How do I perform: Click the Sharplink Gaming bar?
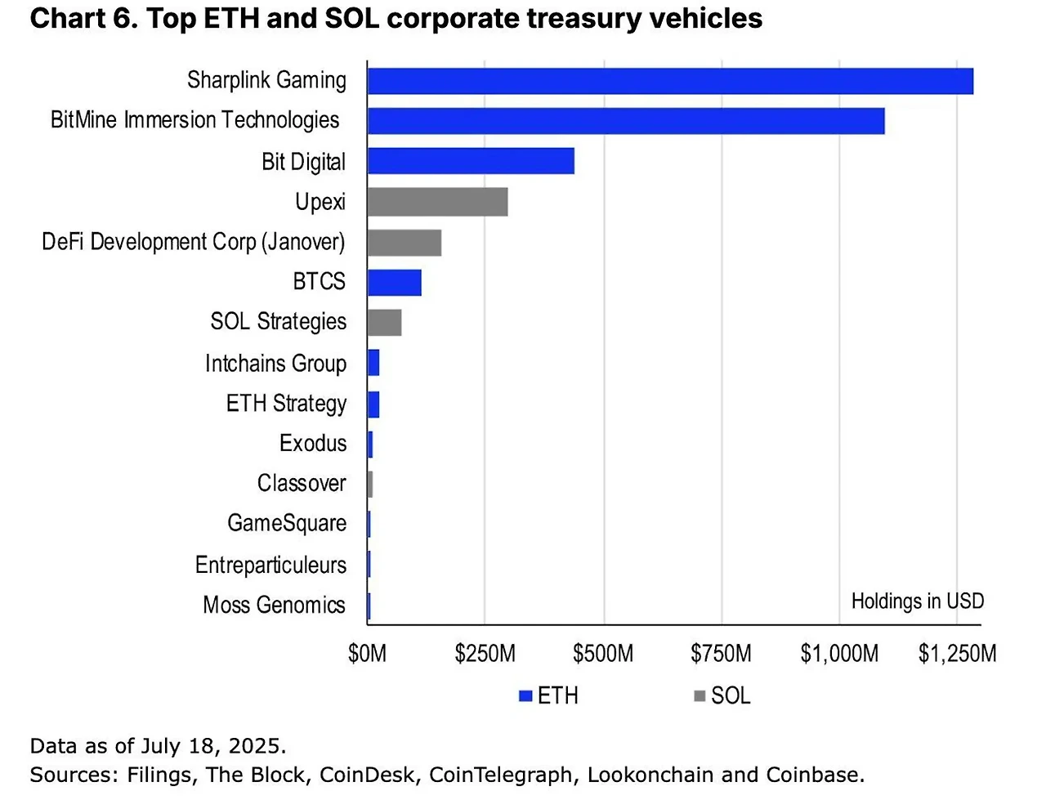(670, 82)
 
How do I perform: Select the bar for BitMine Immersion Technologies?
(626, 121)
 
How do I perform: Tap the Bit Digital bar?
(471, 161)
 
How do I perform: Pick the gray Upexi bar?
(437, 201)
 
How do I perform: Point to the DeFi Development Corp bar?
(405, 242)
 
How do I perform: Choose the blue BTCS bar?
(394, 282)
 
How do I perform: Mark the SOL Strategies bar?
(384, 322)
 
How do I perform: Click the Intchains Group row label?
(275, 363)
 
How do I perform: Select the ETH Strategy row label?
(286, 404)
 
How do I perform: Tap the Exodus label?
(313, 443)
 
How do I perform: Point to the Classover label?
(302, 483)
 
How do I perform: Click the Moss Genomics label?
(274, 605)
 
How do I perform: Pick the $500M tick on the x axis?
(603, 654)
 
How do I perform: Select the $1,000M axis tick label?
(839, 654)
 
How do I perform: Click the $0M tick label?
(367, 654)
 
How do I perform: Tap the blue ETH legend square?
(525, 696)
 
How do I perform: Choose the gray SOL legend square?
(700, 696)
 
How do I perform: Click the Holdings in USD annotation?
(917, 601)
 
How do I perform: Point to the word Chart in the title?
(67, 18)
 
